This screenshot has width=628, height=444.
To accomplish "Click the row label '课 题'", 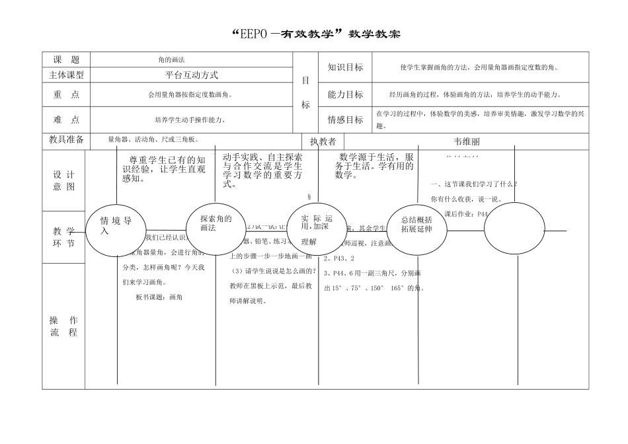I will [66, 59].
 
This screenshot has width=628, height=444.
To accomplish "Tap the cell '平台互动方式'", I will [191, 75].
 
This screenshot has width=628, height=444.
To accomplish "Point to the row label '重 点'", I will [66, 94].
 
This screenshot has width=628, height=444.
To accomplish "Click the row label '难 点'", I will [66, 120].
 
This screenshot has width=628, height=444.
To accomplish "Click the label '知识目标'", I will [345, 67].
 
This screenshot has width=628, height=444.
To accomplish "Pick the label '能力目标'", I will [345, 94].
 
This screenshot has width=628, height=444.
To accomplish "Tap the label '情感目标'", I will [345, 120].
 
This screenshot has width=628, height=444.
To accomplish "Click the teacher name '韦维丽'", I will [467, 141].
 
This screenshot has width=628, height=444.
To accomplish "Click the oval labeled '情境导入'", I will [118, 226].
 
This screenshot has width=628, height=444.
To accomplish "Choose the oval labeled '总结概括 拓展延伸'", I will [417, 225].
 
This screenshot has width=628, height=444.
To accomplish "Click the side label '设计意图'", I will [64, 180].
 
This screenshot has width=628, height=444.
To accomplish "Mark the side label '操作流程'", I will [64, 326].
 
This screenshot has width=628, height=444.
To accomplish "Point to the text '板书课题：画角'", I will [159, 297].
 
